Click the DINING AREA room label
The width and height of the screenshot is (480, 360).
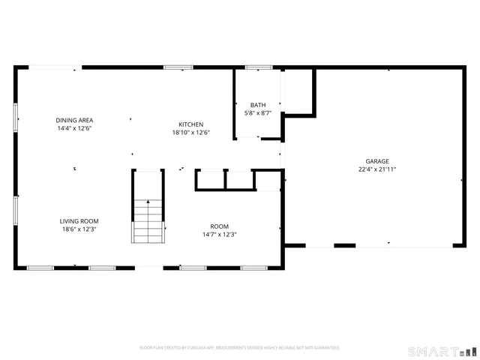[74, 120]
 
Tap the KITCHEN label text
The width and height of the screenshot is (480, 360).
[190, 124]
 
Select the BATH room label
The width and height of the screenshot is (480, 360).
[258, 105]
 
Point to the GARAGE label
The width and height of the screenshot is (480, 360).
[376, 161]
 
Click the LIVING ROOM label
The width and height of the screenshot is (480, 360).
[79, 221]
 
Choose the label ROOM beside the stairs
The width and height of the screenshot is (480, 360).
[219, 226]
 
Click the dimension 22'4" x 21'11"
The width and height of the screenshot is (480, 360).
[376, 169]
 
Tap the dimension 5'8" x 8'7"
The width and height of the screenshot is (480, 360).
[258, 113]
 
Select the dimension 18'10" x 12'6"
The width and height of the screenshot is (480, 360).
[190, 133]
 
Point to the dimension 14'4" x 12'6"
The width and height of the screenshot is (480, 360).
[74, 128]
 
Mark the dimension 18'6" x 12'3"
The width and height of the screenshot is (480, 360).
[79, 229]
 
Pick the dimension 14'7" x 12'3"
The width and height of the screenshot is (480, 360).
[219, 235]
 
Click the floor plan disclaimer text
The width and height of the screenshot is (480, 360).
[240, 348]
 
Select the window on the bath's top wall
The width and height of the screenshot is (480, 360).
[258, 68]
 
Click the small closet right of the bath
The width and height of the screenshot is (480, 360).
[298, 91]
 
